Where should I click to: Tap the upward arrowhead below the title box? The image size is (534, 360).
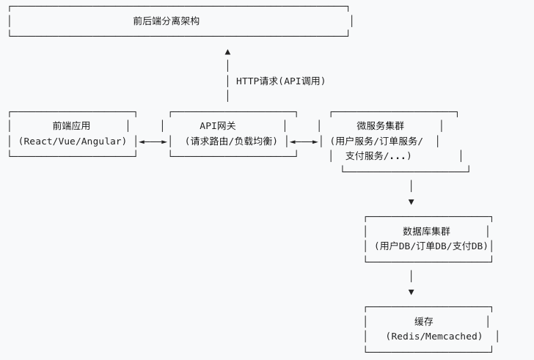click(227, 52)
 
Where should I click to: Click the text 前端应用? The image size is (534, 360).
click(71, 126)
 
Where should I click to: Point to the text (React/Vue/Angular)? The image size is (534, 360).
click(73, 141)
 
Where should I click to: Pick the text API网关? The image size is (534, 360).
click(218, 126)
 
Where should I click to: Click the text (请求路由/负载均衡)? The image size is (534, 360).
click(232, 141)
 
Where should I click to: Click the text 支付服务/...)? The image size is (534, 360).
click(378, 156)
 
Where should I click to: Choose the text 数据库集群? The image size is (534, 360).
click(427, 231)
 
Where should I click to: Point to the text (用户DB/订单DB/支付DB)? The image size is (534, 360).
click(430, 246)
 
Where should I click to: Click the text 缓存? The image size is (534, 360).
click(424, 321)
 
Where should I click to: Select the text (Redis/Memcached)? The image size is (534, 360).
click(434, 337)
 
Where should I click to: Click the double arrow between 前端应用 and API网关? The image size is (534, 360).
click(153, 142)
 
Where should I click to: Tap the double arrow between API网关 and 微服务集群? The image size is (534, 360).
click(304, 142)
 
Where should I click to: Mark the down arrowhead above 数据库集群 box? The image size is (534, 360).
click(411, 202)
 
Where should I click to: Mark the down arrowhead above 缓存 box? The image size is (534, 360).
click(411, 292)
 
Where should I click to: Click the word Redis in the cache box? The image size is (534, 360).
click(407, 337)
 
